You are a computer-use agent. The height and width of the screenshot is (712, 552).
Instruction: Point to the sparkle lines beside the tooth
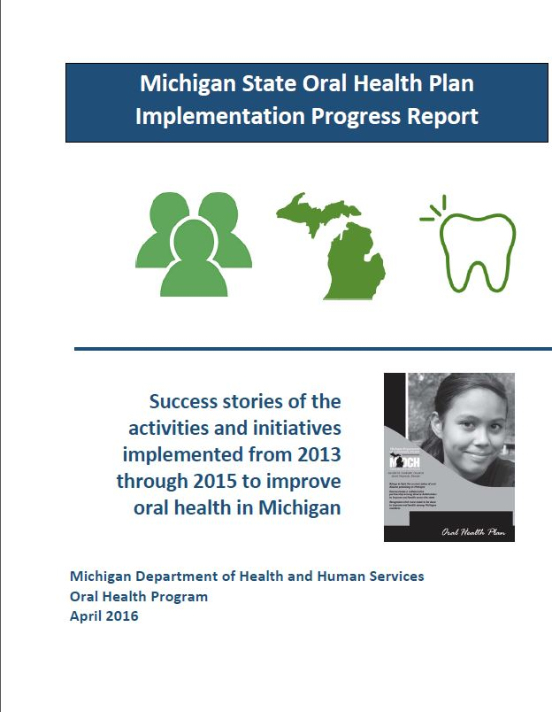coord(431,210)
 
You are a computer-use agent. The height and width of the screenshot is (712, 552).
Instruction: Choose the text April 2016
coord(103,616)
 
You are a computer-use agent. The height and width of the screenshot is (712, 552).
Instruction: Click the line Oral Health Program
coord(139,596)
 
